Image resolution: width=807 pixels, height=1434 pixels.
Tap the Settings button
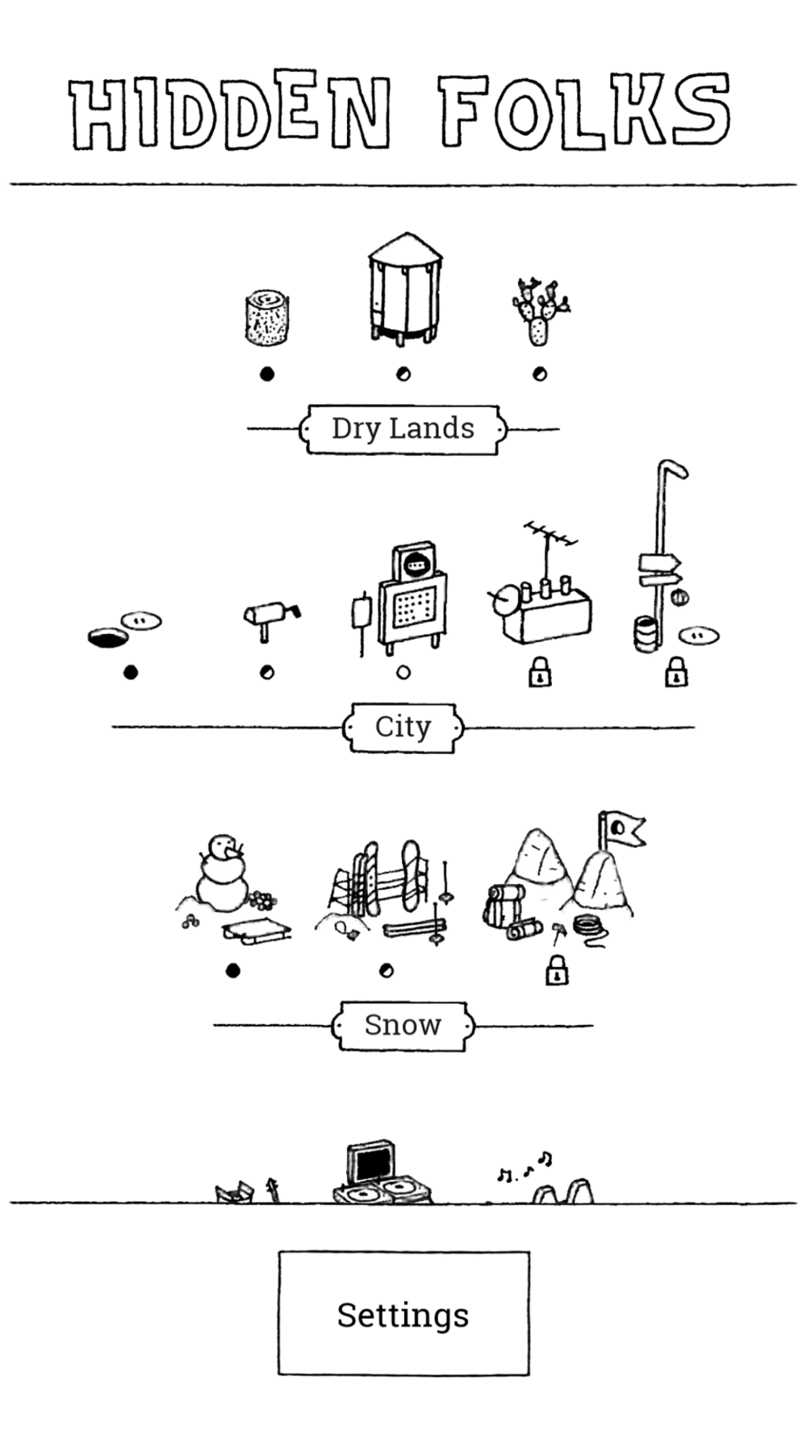pyautogui.click(x=403, y=1314)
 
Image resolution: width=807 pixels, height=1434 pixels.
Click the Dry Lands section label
pyautogui.click(x=403, y=429)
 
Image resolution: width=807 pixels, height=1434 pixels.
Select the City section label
pyautogui.click(x=403, y=727)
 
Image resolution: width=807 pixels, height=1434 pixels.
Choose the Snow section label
pyautogui.click(x=403, y=1026)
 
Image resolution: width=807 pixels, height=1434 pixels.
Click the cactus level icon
pyautogui.click(x=539, y=311)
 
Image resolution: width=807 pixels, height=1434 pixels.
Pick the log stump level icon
pyautogui.click(x=266, y=319)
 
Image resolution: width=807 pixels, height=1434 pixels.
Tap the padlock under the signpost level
pyautogui.click(x=676, y=672)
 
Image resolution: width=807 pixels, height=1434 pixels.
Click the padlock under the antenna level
pyautogui.click(x=540, y=672)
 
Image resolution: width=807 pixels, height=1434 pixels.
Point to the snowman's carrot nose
pyautogui.click(x=235, y=850)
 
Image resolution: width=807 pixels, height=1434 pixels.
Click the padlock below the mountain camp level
pyautogui.click(x=556, y=970)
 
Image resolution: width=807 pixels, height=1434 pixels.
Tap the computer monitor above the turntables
pyautogui.click(x=371, y=1162)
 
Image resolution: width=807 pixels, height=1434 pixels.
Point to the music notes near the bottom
pyautogui.click(x=525, y=1168)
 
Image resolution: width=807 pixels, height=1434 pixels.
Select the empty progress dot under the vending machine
pyautogui.click(x=403, y=672)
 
